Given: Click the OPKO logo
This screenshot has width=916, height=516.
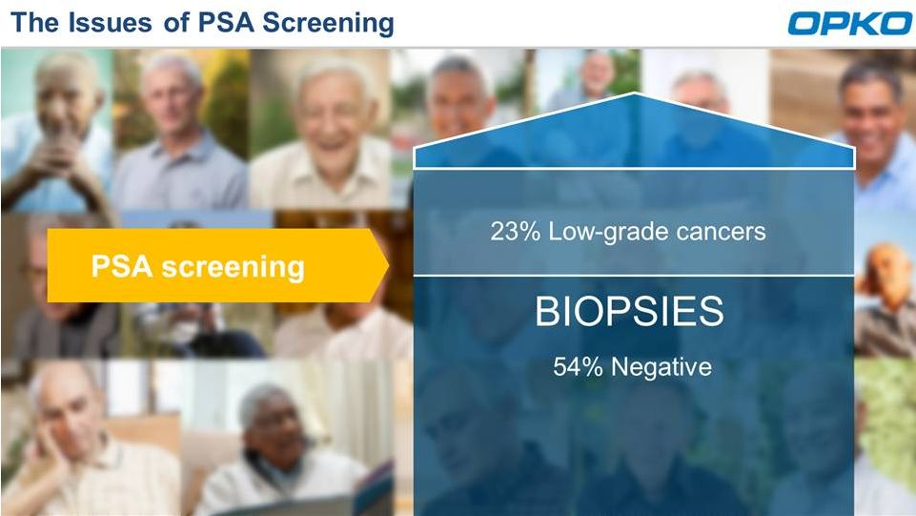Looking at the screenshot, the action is click(849, 24).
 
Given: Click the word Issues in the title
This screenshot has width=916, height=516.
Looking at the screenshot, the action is click(110, 23).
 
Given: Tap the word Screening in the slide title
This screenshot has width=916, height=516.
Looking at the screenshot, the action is click(328, 24).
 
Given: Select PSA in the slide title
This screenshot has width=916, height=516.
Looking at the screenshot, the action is click(226, 23).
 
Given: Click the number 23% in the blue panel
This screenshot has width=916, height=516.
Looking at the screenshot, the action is click(516, 232).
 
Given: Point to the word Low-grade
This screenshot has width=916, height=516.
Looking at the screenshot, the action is click(608, 233).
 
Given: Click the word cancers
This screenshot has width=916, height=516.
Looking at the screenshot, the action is click(721, 232).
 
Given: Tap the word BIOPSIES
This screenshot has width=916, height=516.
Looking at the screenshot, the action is click(629, 311).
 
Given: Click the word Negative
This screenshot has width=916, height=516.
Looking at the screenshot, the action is click(662, 367).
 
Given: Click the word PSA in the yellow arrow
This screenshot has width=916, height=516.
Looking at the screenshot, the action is click(121, 266).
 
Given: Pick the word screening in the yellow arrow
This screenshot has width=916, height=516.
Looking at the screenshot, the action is click(234, 268).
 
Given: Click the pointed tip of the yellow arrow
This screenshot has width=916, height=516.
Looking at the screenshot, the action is click(389, 266).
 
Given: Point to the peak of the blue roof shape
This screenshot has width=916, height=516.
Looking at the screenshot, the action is click(635, 93).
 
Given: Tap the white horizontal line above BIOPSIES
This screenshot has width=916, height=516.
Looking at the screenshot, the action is click(634, 275).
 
